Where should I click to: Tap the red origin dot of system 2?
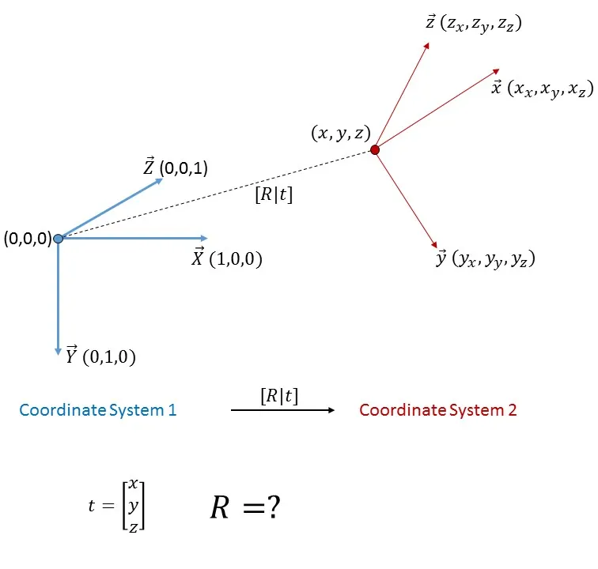pos(375,149)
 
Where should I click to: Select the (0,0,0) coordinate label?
pos(27,238)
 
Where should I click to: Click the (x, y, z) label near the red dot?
pos(340,134)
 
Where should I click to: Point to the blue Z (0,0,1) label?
pos(175,168)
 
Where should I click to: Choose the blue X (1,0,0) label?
pos(226,258)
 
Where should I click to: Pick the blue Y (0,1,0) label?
pos(100,356)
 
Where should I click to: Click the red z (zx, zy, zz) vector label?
pos(473,24)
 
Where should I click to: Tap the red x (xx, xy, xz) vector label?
pos(542,88)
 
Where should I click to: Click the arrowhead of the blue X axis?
pos(204,238)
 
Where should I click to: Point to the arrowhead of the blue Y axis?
pos(58,350)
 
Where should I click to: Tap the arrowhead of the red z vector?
pos(426,45)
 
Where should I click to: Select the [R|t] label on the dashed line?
pos(273,195)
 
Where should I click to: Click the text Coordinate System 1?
pos(98,410)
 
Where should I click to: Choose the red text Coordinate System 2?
pos(438,410)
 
